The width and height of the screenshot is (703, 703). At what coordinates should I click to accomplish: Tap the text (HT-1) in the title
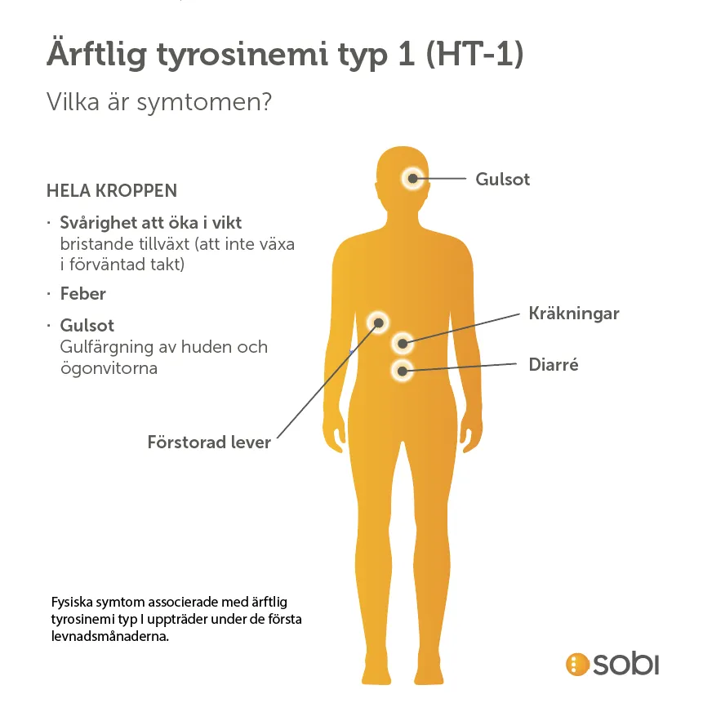pos(474,53)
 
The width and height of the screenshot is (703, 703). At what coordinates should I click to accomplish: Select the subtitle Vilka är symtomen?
pos(159,103)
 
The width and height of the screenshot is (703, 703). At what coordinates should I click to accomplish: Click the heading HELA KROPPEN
pos(112,190)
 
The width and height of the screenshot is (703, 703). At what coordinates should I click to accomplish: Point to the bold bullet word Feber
pos(83,294)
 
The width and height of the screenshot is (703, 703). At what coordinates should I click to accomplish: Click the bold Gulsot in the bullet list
pos(87,326)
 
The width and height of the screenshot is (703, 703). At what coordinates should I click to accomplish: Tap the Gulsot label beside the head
pos(503,180)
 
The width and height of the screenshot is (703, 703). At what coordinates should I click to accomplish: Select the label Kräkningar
pos(574,314)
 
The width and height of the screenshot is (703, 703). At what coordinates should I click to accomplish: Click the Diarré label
pos(554,364)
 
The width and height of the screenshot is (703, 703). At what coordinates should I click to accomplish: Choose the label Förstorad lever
pos(209,443)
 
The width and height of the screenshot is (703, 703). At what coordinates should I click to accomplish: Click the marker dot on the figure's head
pos(412,179)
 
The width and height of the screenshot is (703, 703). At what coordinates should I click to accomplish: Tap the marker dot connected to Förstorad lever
pos(378,323)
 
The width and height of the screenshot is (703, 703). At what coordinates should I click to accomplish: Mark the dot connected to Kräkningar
pos(403,344)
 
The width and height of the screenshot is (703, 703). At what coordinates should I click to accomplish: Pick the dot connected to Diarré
pos(403,372)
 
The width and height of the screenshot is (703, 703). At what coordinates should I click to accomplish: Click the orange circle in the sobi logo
pos(577,664)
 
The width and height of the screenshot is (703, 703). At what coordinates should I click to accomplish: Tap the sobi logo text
pos(626,664)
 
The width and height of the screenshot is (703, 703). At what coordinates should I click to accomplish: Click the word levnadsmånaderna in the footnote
pos(110,636)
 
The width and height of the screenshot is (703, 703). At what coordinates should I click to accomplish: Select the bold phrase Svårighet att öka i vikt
pos(150,223)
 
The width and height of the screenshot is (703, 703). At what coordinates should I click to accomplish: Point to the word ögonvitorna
pos(109,368)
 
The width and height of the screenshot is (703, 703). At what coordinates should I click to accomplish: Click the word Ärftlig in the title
pos(97,54)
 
